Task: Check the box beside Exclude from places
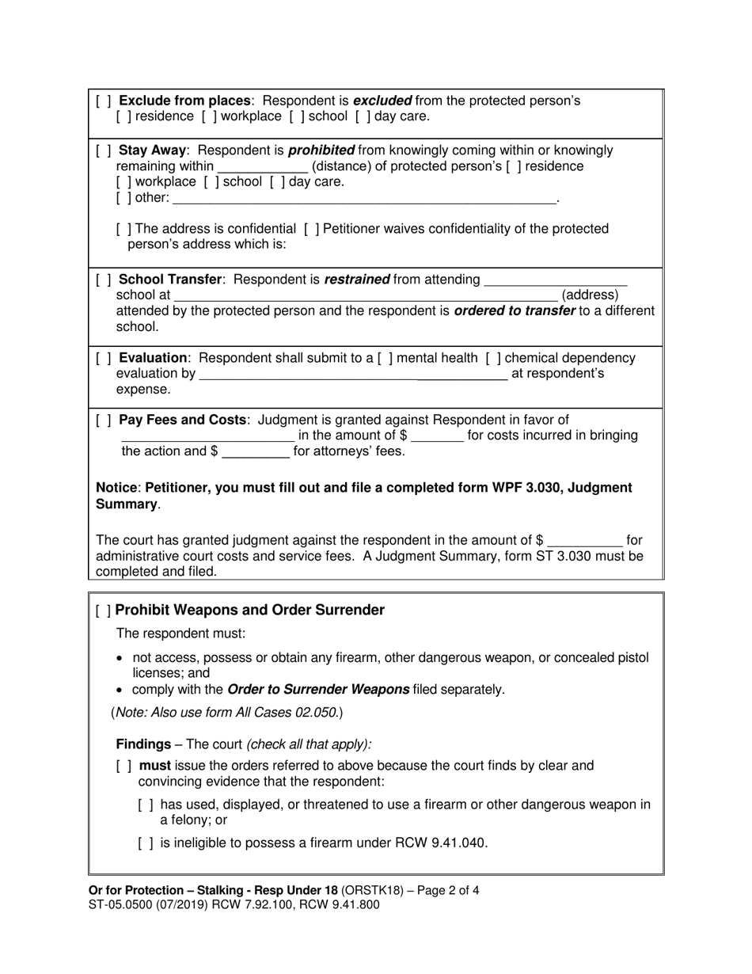tap(104, 101)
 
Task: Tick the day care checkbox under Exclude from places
tap(362, 116)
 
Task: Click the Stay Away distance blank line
tap(262, 167)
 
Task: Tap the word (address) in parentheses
tap(590, 295)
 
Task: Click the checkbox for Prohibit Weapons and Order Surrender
tap(103, 611)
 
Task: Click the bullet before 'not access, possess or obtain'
tap(120, 659)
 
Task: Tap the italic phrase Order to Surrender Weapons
tap(317, 689)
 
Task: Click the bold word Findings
tap(143, 744)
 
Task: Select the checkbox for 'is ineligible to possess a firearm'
tap(146, 843)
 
